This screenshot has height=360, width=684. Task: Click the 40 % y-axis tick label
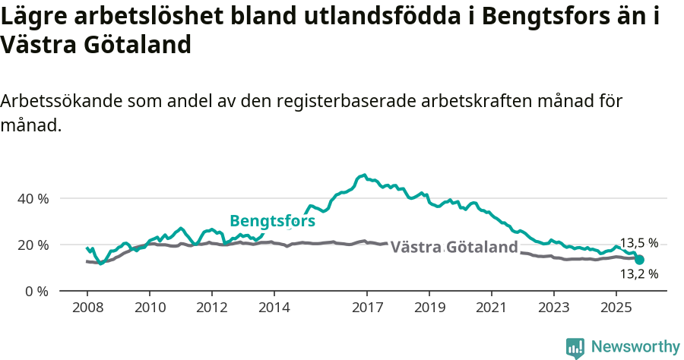[x=33, y=198]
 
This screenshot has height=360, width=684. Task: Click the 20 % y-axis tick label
[x=33, y=245]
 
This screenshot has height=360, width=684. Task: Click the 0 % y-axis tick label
[x=36, y=291]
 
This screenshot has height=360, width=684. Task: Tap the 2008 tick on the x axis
[x=87, y=310]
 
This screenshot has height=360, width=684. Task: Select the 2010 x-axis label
[x=150, y=310]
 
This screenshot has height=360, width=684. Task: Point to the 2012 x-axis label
[x=212, y=310]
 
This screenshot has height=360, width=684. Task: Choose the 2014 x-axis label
[x=274, y=310]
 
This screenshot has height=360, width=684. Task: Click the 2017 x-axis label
[x=367, y=310]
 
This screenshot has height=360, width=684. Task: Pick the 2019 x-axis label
[x=429, y=310]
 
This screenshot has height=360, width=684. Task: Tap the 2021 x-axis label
[x=492, y=310]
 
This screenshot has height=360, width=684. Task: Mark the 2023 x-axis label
[x=554, y=310]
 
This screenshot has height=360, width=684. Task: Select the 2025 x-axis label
[x=616, y=310]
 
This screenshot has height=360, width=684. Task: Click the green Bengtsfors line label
[x=272, y=221]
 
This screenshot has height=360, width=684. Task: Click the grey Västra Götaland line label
[x=454, y=247]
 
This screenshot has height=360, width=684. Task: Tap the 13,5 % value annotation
[x=638, y=243]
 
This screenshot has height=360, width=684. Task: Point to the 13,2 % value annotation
[x=638, y=273]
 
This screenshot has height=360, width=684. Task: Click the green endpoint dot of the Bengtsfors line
[x=639, y=260]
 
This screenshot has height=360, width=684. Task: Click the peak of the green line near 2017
[x=365, y=175]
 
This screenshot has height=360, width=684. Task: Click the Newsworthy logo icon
[x=575, y=347]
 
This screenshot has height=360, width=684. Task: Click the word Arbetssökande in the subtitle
[x=62, y=102]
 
